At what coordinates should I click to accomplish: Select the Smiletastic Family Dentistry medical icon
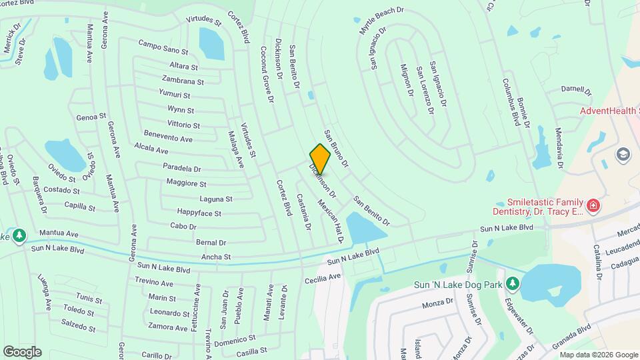pos(592,206)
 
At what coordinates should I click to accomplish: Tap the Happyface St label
pos(199,213)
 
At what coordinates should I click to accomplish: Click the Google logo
pos(22,351)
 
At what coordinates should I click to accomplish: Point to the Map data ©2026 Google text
pos(598,355)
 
